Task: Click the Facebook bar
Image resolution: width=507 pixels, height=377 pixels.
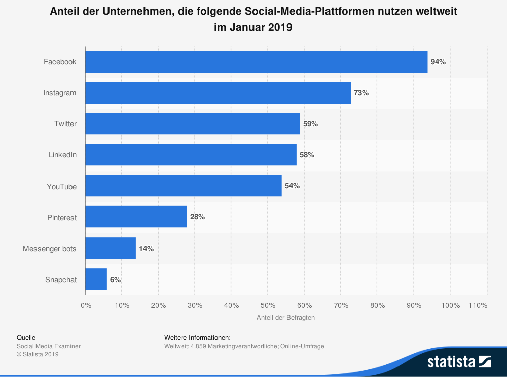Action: point(256,62)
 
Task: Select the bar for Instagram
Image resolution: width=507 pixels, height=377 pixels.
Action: point(218,93)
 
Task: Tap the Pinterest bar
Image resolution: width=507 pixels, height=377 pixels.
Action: point(136,217)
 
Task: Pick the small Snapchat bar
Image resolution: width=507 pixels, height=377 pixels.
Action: point(96,279)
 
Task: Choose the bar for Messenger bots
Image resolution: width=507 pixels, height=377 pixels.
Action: point(111,248)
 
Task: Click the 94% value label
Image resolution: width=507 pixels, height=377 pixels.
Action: point(438,62)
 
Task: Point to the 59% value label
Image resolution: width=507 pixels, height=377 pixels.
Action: point(310,124)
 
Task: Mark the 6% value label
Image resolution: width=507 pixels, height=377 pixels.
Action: point(116,279)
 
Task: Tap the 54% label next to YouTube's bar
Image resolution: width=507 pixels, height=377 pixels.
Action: point(292,186)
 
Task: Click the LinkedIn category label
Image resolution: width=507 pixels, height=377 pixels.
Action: point(62,155)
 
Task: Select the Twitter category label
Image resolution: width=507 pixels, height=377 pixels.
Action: point(65,124)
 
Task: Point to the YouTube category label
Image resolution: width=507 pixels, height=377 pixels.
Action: point(61,186)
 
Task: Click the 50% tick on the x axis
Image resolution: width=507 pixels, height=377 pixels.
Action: point(268,305)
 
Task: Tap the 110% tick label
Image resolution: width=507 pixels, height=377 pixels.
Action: point(478,305)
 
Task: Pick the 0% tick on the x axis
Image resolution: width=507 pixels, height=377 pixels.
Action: point(86,305)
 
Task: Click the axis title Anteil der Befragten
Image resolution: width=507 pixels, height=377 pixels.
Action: point(286,317)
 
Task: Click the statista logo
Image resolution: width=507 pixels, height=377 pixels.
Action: point(459,361)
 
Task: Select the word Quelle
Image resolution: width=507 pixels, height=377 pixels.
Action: point(26,337)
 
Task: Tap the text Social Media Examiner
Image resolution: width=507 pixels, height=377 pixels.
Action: point(49,346)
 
